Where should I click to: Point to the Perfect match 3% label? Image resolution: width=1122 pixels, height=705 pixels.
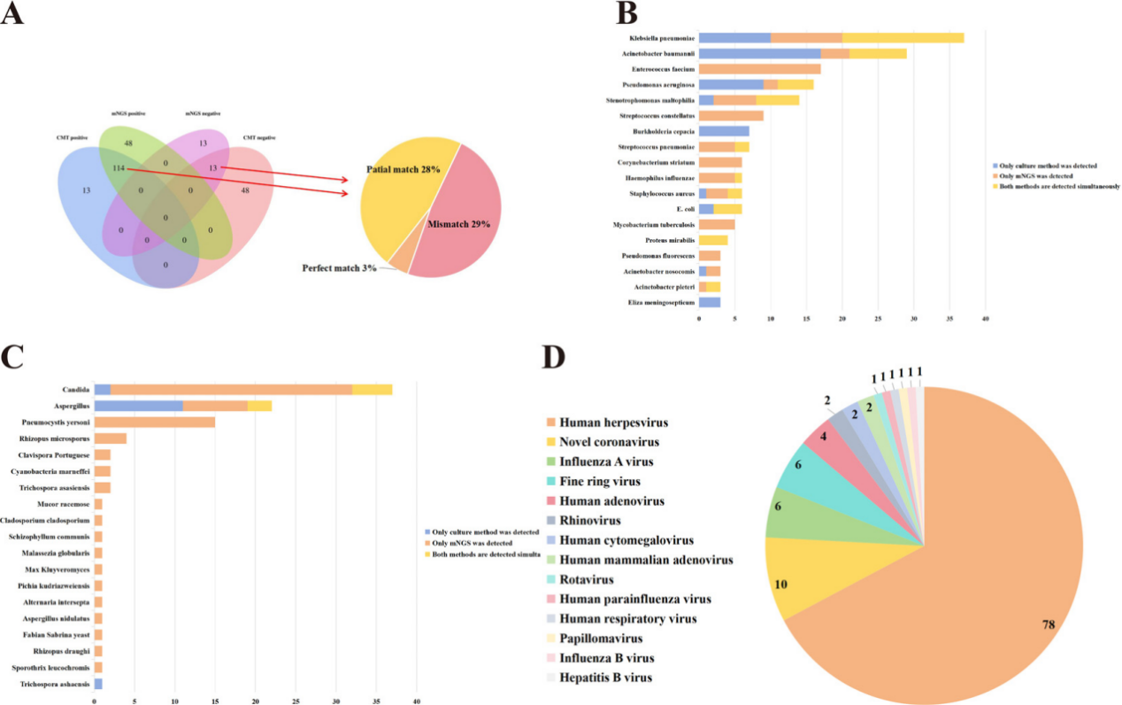point(340,267)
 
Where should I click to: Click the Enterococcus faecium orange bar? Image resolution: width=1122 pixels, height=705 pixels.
point(759,68)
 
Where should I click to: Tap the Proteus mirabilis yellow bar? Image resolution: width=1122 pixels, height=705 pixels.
point(713,240)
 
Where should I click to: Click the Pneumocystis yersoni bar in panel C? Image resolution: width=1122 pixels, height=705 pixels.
point(155,422)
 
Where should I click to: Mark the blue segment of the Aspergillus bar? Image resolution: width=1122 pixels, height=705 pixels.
point(139,406)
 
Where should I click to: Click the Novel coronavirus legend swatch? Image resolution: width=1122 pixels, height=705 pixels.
point(549,441)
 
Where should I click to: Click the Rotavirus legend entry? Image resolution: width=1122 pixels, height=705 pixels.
point(587,579)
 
